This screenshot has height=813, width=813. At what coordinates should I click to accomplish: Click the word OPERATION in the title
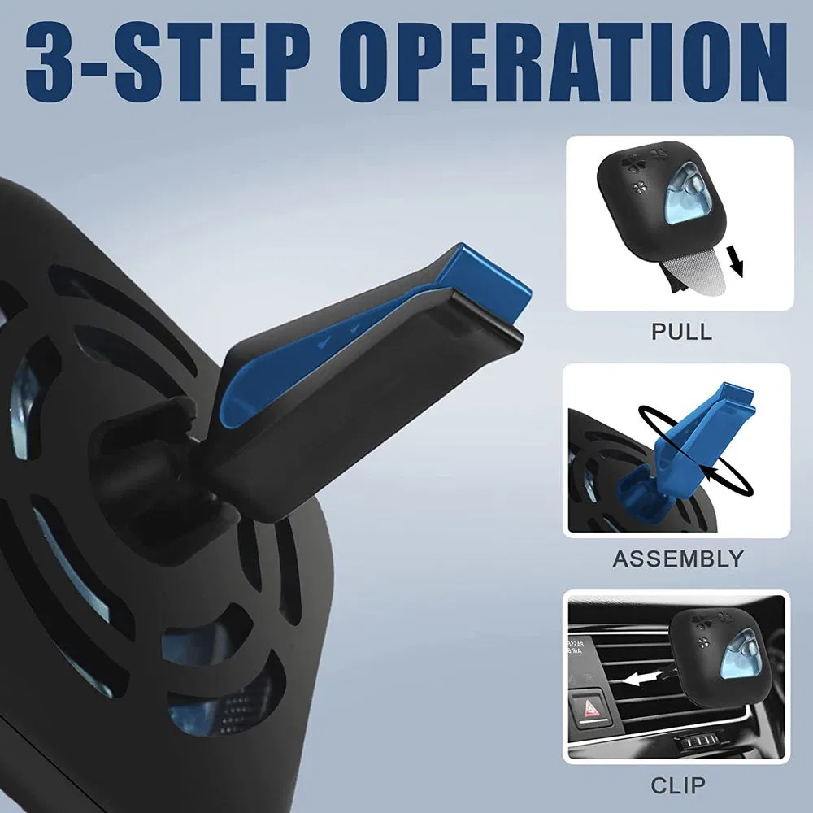point(563,63)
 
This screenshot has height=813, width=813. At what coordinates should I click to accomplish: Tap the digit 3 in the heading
point(51,63)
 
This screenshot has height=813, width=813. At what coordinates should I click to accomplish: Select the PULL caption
point(681,332)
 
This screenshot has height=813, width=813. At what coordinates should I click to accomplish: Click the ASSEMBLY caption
point(678,559)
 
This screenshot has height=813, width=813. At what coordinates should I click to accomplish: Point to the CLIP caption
point(678,785)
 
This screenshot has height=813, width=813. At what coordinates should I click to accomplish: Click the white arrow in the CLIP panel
point(642,676)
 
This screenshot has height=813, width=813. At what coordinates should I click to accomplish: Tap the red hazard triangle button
point(592,709)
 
